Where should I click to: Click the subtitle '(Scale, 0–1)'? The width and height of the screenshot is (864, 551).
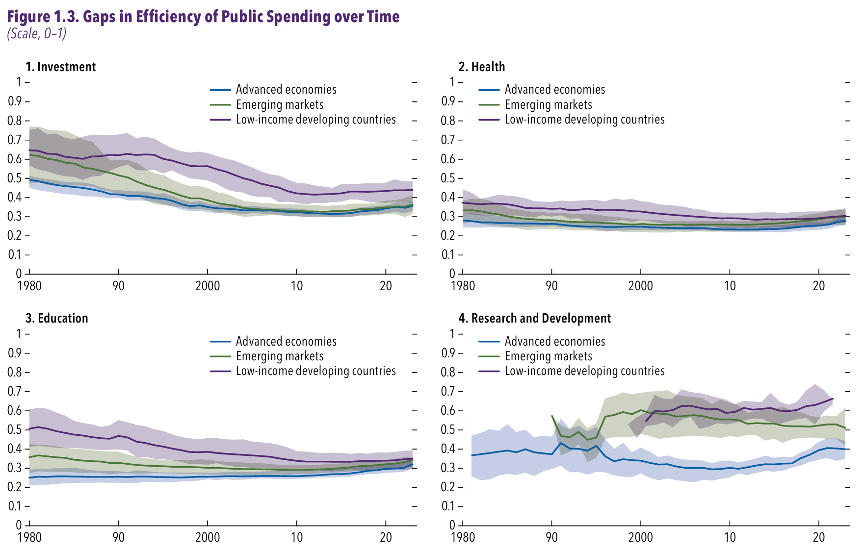pyautogui.click(x=37, y=33)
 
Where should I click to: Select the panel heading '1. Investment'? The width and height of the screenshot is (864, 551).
pyautogui.click(x=61, y=67)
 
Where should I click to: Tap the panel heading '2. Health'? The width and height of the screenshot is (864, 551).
pyautogui.click(x=482, y=67)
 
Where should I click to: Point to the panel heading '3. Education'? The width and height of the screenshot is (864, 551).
pyautogui.click(x=57, y=318)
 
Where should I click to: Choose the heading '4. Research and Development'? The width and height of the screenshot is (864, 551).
pyautogui.click(x=535, y=318)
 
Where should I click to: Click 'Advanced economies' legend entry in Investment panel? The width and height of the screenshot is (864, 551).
pyautogui.click(x=286, y=90)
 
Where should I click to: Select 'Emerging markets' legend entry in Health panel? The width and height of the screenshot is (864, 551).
pyautogui.click(x=548, y=105)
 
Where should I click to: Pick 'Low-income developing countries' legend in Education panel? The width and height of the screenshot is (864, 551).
pyautogui.click(x=315, y=371)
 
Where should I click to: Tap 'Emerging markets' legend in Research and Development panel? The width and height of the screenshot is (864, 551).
pyautogui.click(x=548, y=356)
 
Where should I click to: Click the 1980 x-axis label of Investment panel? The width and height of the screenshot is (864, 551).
pyautogui.click(x=29, y=286)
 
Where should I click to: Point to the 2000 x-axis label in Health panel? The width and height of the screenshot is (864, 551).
pyautogui.click(x=640, y=286)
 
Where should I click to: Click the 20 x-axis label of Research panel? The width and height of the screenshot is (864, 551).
pyautogui.click(x=818, y=537)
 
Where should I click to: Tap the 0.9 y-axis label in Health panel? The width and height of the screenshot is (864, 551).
pyautogui.click(x=448, y=101)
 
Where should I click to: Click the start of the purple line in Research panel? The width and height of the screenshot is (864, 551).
pyautogui.click(x=646, y=421)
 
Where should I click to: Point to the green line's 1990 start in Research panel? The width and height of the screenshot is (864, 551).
pyautogui.click(x=552, y=416)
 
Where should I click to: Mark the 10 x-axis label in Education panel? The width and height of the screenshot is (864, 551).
pyautogui.click(x=296, y=537)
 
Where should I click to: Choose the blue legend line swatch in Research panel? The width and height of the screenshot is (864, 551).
pyautogui.click(x=489, y=342)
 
